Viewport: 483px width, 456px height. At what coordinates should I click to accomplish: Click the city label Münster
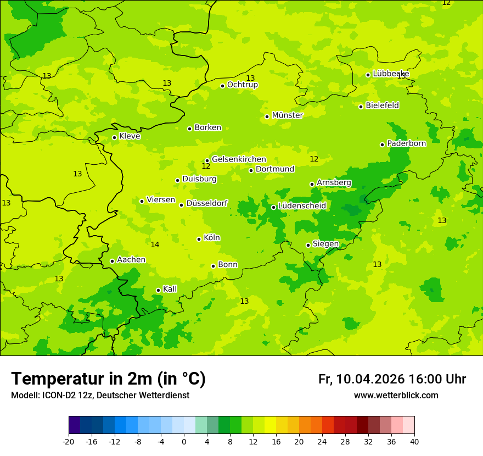(287, 115)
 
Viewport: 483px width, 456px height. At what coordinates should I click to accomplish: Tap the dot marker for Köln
(199, 239)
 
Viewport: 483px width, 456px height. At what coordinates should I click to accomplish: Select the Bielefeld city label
(382, 105)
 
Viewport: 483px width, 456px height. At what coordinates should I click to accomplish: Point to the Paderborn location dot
(382, 144)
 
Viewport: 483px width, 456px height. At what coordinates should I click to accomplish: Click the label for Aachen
(131, 260)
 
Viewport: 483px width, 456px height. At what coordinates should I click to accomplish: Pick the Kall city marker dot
(158, 290)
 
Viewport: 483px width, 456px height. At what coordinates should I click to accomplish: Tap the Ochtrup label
(242, 85)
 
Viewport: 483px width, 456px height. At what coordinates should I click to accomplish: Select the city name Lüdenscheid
(302, 206)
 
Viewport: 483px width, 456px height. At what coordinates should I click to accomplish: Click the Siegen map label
(325, 244)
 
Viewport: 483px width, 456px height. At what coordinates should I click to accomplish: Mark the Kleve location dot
(114, 137)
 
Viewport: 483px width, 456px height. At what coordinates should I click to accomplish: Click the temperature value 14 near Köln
(155, 244)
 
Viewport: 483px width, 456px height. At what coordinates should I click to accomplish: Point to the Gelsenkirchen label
(239, 159)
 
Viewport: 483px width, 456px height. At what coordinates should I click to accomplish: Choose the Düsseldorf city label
(206, 203)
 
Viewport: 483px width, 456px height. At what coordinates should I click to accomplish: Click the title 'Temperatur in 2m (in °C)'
(108, 379)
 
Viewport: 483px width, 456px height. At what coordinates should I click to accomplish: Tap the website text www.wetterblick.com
(396, 395)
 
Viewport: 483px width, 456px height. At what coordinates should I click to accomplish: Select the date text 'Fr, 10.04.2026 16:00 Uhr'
(392, 379)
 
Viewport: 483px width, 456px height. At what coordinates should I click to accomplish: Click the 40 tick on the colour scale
(414, 442)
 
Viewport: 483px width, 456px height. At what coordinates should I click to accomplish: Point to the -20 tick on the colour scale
(69, 442)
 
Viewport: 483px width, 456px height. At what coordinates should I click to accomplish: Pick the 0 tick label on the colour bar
(184, 442)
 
